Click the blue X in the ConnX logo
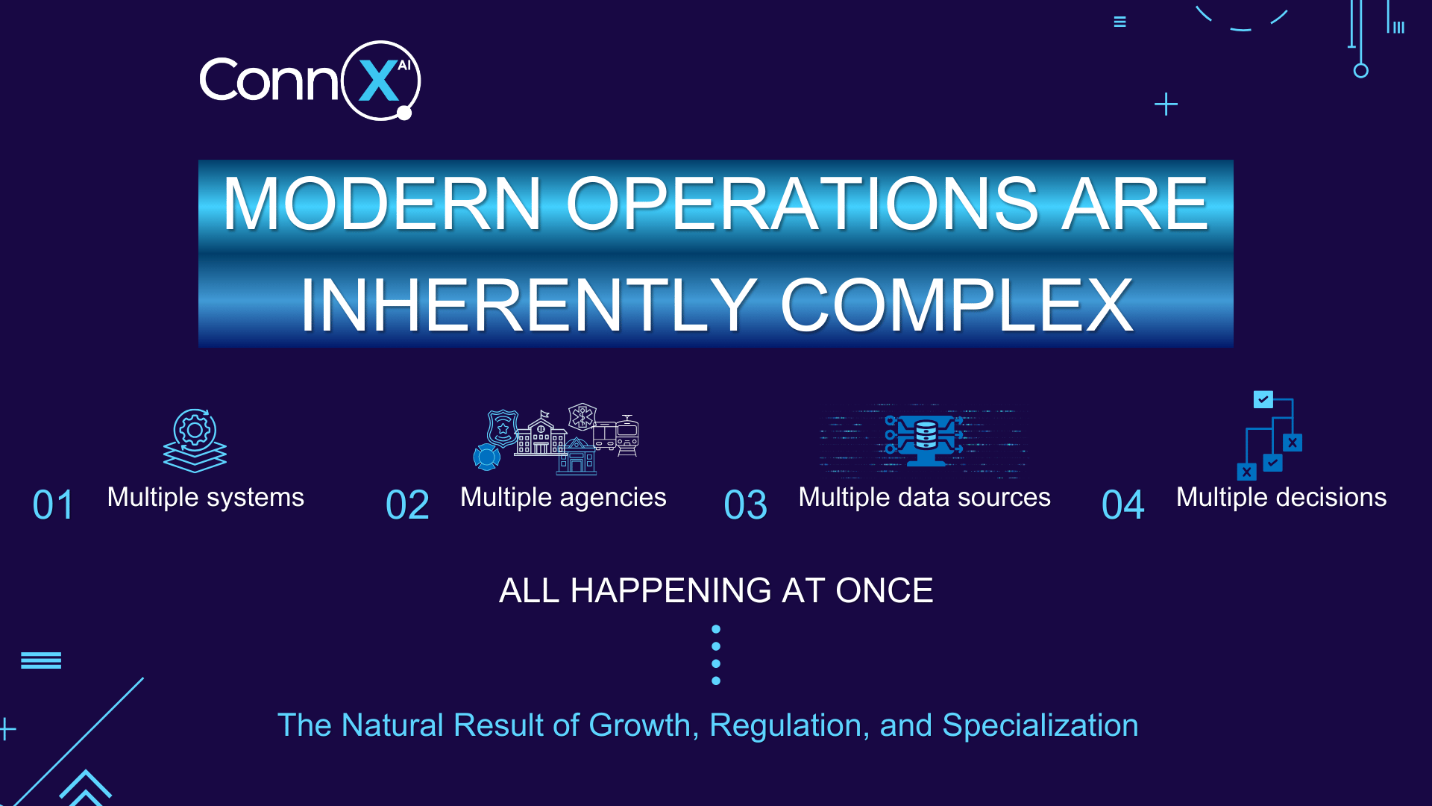point(379,81)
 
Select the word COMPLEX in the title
point(957,305)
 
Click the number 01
point(54,505)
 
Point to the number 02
point(407,505)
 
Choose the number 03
point(745,505)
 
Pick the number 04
point(1122,505)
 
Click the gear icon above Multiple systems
point(195,430)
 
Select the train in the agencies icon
point(626,435)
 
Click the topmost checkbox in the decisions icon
point(1263,400)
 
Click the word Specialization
point(1040,725)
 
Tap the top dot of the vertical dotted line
point(716,629)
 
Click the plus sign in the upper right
point(1166,104)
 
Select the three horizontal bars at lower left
point(41,660)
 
